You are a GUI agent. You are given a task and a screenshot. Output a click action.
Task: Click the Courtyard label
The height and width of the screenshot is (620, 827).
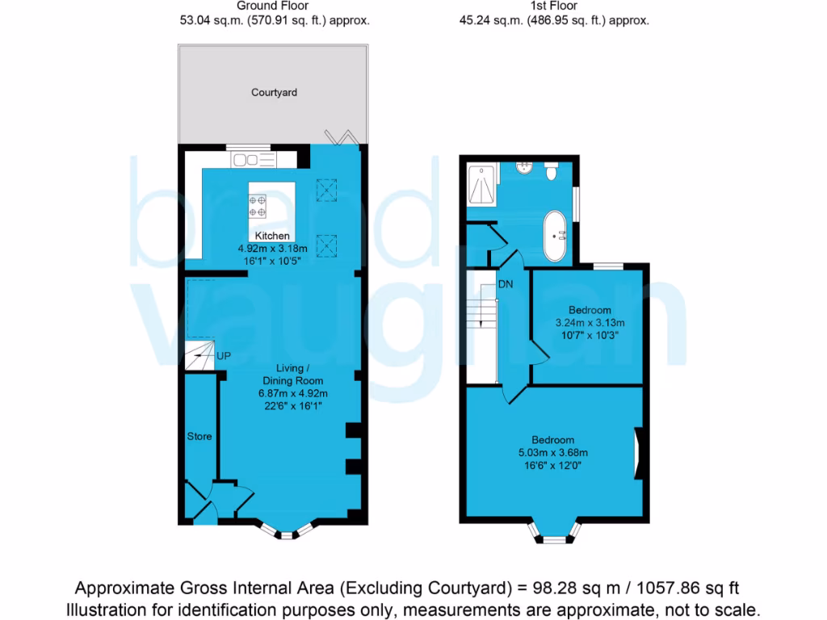(x=274, y=93)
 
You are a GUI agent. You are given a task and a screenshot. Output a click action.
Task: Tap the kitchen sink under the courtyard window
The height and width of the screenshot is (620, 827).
(x=254, y=160)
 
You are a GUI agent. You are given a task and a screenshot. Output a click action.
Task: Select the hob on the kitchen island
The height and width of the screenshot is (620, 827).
(x=258, y=205)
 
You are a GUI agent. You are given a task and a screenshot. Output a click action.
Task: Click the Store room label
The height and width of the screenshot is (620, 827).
(x=199, y=436)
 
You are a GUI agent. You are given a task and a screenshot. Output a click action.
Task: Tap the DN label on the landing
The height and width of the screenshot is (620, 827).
(x=506, y=284)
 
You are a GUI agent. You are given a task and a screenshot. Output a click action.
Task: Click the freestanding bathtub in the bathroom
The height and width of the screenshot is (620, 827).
(x=555, y=235)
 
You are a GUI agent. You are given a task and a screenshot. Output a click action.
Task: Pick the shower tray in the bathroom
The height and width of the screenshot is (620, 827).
(x=482, y=185)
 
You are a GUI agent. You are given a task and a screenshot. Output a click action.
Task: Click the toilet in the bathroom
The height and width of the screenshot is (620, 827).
(x=552, y=170)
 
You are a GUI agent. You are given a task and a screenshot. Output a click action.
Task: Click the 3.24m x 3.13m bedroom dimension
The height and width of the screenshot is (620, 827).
(x=590, y=322)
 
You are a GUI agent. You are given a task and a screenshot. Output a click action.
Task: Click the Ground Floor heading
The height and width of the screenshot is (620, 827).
(x=274, y=6)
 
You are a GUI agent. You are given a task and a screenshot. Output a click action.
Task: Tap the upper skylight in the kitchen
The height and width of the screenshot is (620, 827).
(x=327, y=191)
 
